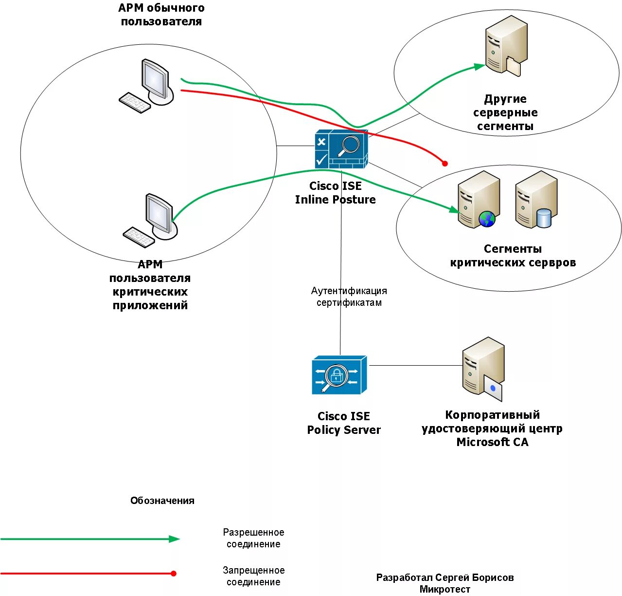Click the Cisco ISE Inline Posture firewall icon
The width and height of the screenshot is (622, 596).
(x=341, y=149)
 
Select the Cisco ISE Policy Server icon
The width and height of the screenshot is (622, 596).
(x=339, y=375)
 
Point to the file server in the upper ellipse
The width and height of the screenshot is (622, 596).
(x=506, y=45)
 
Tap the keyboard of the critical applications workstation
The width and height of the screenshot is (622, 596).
(x=139, y=237)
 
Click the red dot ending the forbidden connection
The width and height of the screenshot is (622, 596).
(x=444, y=164)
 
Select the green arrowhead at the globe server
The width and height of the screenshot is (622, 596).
(x=454, y=209)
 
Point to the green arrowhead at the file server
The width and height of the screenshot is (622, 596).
(x=480, y=66)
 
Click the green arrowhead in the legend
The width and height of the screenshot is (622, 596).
(x=174, y=539)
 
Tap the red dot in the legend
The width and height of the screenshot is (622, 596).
(x=174, y=573)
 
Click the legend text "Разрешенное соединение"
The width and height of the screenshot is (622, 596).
(x=253, y=538)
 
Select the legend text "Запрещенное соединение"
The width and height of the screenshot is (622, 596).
(x=253, y=576)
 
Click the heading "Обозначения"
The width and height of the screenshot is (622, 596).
(x=162, y=500)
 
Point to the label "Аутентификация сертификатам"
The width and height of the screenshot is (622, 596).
(x=349, y=297)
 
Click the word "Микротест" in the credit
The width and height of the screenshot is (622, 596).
(x=444, y=589)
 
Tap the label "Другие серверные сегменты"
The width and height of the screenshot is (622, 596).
(x=505, y=112)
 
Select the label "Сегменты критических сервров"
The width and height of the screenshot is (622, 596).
(x=513, y=256)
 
